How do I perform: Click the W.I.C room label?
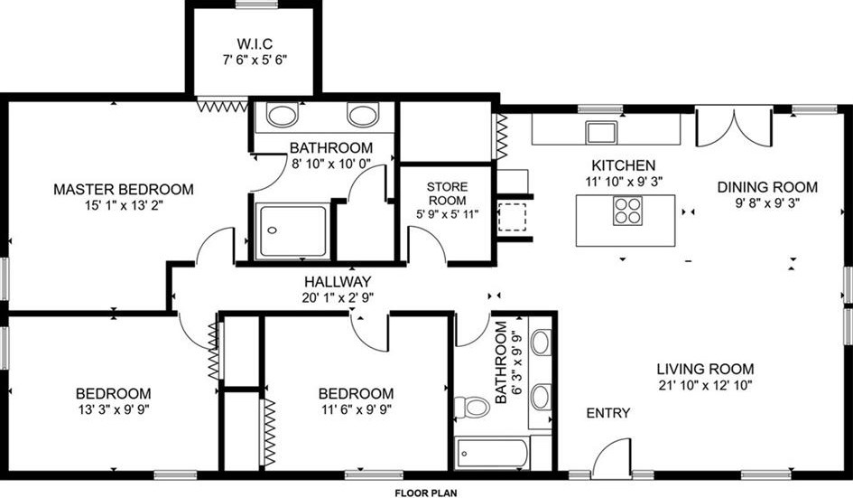[255, 43]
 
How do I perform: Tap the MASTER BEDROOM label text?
[124, 190]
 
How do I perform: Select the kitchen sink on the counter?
[601, 132]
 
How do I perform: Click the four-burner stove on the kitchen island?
[627, 211]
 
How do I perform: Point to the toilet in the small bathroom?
[472, 407]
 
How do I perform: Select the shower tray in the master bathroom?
[292, 231]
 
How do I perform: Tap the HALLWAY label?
[338, 282]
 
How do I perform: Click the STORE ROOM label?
[447, 193]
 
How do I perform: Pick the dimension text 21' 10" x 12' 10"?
[705, 386]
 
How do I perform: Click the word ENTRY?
[608, 413]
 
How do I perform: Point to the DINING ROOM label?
[767, 187]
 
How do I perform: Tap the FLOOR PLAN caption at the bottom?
[426, 493]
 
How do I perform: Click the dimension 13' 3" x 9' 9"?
[114, 409]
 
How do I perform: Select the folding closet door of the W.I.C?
[222, 106]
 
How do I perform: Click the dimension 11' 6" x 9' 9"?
[357, 409]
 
